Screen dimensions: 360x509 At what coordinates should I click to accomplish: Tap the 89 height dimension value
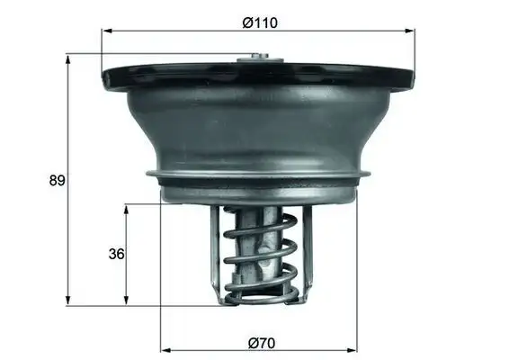coord(57,180)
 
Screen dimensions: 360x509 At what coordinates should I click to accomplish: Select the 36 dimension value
coord(115,254)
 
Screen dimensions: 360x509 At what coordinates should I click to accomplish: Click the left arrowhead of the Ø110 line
coord(105,31)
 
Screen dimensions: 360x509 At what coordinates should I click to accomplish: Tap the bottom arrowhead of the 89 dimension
coord(68,300)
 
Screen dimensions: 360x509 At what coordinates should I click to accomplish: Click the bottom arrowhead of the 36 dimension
coord(126,300)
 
